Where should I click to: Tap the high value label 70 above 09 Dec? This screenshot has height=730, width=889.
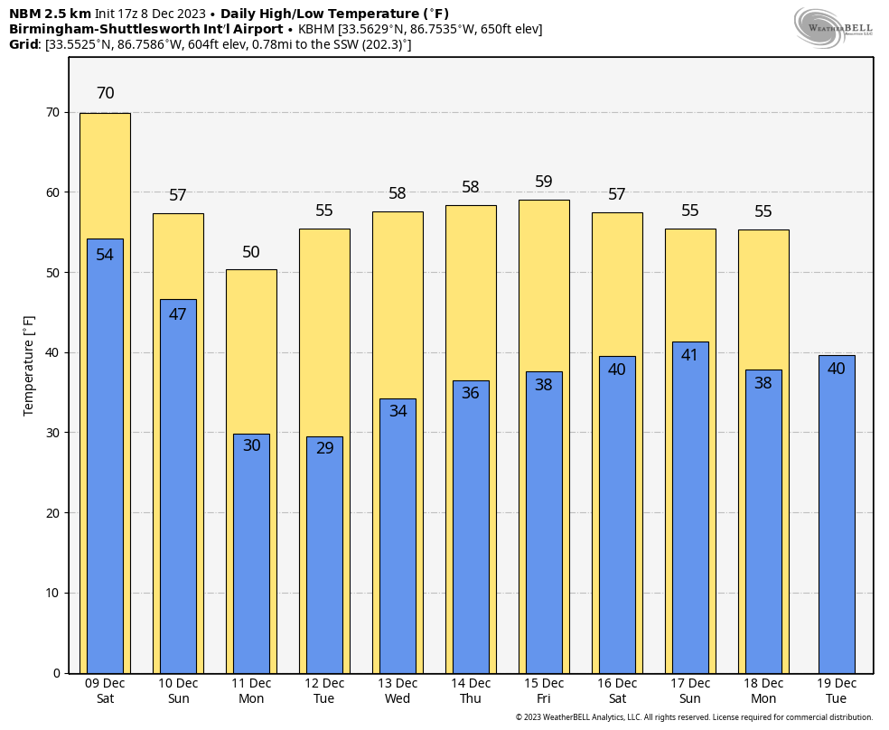pyautogui.click(x=105, y=93)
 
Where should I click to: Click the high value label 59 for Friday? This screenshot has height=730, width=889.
pyautogui.click(x=544, y=182)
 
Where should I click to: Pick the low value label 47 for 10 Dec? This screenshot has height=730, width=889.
pyautogui.click(x=178, y=314)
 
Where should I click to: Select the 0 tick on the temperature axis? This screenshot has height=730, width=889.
pyautogui.click(x=56, y=673)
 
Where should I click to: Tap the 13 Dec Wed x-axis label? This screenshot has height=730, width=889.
pyautogui.click(x=398, y=691)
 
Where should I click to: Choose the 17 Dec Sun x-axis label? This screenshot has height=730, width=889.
pyautogui.click(x=690, y=691)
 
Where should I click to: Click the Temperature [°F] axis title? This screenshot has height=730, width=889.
pyautogui.click(x=29, y=365)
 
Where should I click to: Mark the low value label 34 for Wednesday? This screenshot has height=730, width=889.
pyautogui.click(x=398, y=410)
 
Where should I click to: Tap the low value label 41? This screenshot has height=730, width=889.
pyautogui.click(x=690, y=355)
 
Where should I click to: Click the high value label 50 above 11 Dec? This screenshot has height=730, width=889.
pyautogui.click(x=251, y=252)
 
